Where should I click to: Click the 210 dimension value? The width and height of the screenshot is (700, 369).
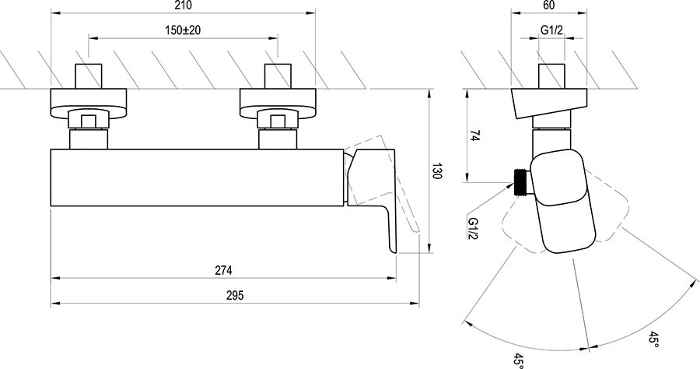184,6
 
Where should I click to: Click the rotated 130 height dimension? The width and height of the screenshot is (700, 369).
436,173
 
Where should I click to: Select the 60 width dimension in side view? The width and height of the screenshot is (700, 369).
549,6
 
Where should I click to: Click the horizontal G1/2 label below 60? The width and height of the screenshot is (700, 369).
553,31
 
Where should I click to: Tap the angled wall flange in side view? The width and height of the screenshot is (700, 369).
549,104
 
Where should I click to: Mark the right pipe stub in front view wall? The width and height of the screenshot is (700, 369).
278,76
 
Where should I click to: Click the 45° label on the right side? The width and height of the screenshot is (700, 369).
654,340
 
